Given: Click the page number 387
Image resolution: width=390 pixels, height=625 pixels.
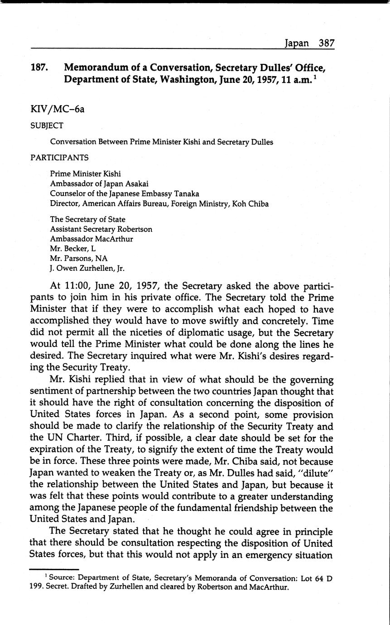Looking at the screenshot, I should click(x=326, y=43).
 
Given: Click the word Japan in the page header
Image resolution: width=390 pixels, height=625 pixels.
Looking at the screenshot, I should click(x=297, y=43).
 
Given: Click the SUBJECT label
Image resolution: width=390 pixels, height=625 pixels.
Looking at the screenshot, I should click(x=47, y=125).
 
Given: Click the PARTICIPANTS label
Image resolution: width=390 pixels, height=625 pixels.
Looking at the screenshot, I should click(x=59, y=158).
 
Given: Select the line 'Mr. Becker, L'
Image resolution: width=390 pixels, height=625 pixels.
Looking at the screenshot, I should click(x=73, y=249).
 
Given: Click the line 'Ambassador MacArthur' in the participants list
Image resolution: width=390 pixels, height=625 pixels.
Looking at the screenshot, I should click(x=91, y=239).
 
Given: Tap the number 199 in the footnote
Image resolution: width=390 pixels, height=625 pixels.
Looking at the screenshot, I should click(x=37, y=588).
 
